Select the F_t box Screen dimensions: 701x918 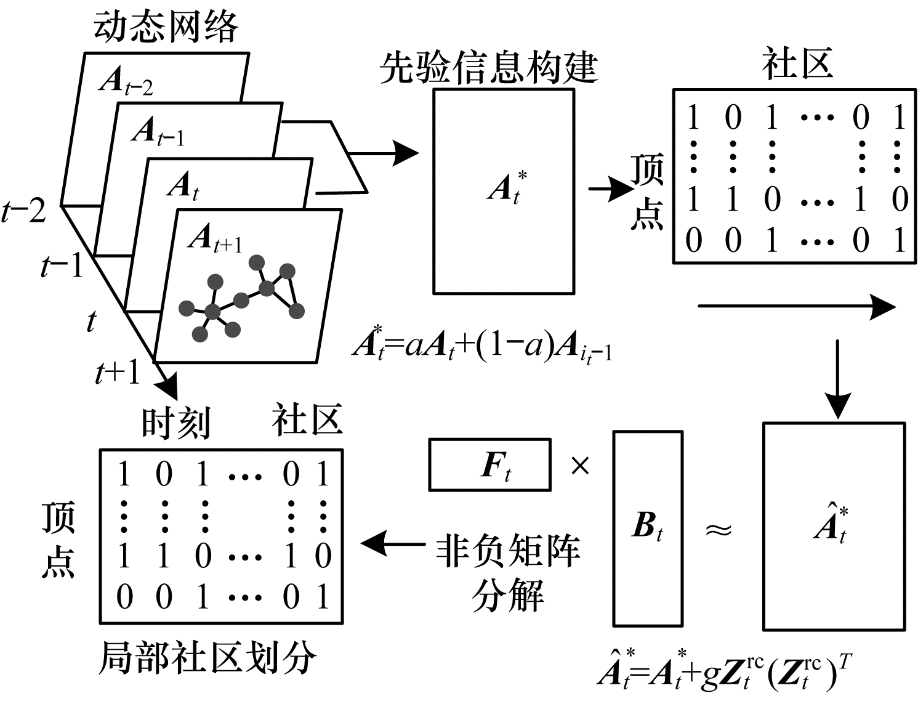tap(489, 464)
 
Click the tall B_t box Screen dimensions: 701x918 tap(648, 528)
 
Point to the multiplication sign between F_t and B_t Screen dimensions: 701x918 tap(580, 466)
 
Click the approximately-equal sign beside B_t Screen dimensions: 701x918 tap(719, 529)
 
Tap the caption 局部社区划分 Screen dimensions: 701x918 tap(208, 658)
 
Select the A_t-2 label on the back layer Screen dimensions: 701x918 tap(126, 81)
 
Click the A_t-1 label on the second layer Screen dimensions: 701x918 tap(158, 131)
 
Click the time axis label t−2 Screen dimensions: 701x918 tap(25, 211)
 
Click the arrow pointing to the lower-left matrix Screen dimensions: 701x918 tap(393, 543)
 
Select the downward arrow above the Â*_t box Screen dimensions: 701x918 tap(837, 378)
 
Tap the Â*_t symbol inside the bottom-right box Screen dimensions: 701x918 tap(831, 524)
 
